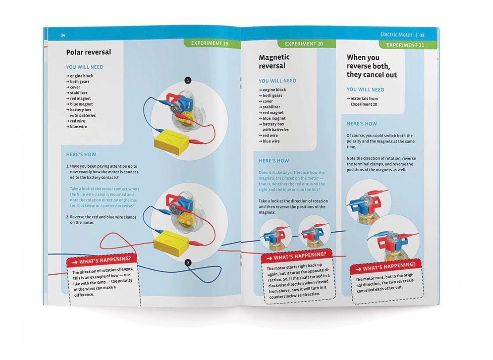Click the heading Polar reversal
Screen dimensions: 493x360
click(x=89, y=52)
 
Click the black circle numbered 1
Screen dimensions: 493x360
click(x=188, y=80)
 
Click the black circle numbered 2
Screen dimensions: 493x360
click(x=188, y=263)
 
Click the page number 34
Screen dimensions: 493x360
click(x=63, y=35)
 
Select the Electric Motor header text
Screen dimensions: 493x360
click(x=396, y=34)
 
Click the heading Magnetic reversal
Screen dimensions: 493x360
click(x=274, y=61)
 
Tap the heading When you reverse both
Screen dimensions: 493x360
click(x=372, y=66)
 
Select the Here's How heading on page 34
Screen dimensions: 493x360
click(x=81, y=154)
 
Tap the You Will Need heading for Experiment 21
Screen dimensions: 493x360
click(x=366, y=89)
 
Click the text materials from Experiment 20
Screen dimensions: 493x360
click(x=362, y=101)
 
